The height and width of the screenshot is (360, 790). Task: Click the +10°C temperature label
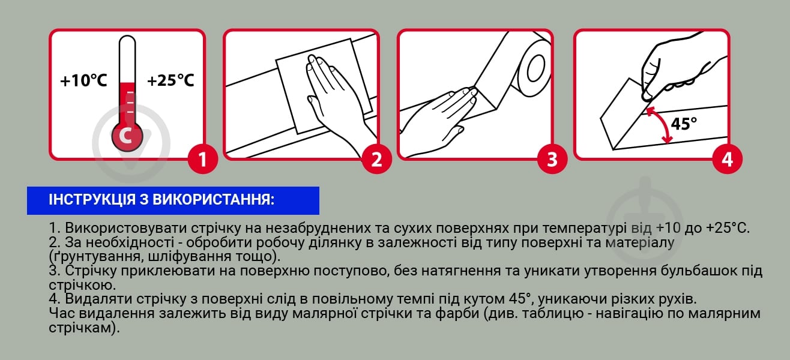tap(83, 80)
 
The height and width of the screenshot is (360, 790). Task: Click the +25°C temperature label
tap(170, 80)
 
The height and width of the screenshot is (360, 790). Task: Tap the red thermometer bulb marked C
tap(127, 136)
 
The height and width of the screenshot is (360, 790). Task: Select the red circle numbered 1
tap(202, 159)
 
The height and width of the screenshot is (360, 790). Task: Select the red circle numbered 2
tap(376, 159)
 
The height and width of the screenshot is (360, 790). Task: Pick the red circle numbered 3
tap(552, 159)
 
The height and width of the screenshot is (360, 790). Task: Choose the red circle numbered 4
tap(727, 159)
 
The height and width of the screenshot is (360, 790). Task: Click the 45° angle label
tap(684, 124)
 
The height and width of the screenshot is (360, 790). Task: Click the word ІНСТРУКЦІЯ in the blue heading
tap(91, 200)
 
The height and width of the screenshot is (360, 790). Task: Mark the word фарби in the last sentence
tap(457, 313)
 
